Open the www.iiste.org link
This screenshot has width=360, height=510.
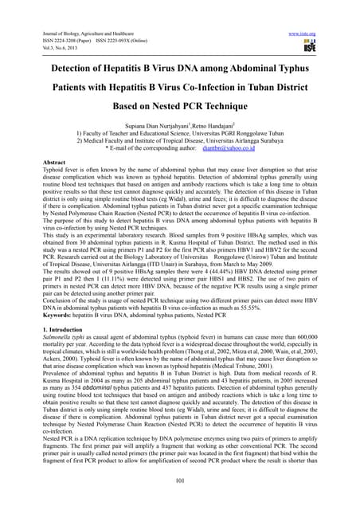pyautogui.click(x=332, y=11)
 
